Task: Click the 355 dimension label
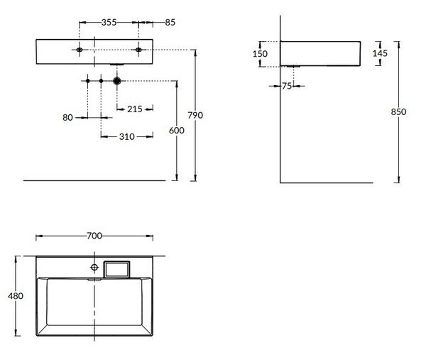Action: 109,22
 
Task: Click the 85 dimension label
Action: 170,22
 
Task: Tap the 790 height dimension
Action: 195,115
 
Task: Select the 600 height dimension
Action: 177,131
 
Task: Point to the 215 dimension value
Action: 135,109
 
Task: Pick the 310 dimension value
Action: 127,136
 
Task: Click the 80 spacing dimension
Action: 67,117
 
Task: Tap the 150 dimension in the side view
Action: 260,54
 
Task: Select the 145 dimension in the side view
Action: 380,53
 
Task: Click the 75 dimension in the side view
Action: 287,86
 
